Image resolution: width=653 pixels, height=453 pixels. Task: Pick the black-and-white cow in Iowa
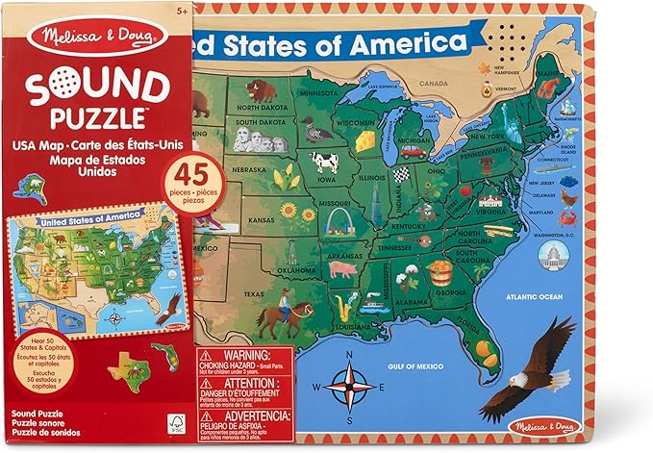click(x=325, y=161)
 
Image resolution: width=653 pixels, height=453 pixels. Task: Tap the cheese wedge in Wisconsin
click(x=365, y=140)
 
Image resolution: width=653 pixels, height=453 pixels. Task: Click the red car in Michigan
click(x=413, y=150)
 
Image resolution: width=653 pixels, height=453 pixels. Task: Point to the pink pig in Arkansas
click(x=342, y=269)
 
